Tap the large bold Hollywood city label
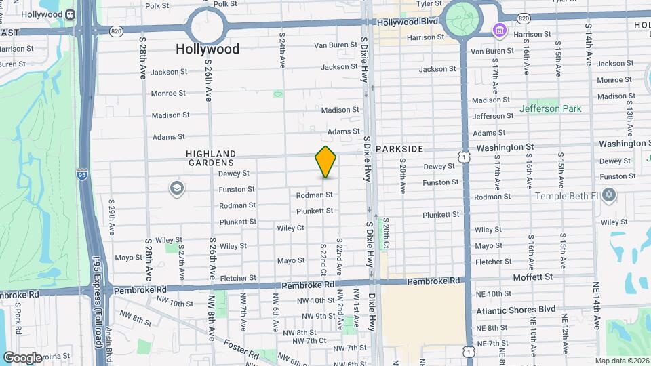(x=208, y=49)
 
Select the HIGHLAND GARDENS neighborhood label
(x=211, y=158)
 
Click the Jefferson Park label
(x=550, y=108)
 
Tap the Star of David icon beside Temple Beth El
(x=608, y=196)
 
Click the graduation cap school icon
(x=178, y=188)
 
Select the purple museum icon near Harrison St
(x=500, y=30)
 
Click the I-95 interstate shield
(x=81, y=174)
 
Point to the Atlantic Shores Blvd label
(x=515, y=310)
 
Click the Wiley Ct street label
(x=290, y=228)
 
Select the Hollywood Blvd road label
(x=410, y=21)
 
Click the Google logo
(x=22, y=357)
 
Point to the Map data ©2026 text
(x=621, y=361)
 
